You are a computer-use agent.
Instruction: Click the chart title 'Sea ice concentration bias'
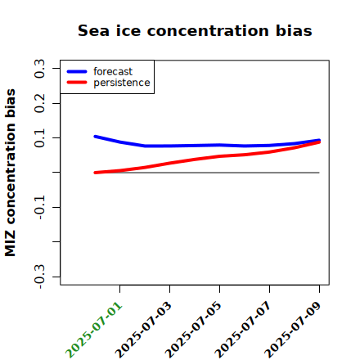[195, 30]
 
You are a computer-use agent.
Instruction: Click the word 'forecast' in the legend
[113, 71]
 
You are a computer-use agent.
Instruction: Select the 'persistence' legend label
[122, 83]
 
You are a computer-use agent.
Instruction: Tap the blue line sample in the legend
[77, 71]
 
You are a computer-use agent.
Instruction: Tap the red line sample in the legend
[77, 83]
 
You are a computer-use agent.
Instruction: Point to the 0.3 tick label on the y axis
[39, 69]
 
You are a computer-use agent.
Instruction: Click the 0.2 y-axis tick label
[39, 103]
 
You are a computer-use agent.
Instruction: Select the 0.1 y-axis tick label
[39, 138]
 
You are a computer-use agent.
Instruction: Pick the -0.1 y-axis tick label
[39, 208]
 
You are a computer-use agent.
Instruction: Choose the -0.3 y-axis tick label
[39, 277]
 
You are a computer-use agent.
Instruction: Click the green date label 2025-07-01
[94, 330]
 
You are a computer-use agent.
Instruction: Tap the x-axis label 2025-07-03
[143, 330]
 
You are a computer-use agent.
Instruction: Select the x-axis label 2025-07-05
[193, 330]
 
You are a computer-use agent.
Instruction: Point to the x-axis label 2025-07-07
[243, 330]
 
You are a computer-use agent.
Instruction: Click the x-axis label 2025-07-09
[292, 330]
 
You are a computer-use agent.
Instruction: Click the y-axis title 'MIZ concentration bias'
[10, 173]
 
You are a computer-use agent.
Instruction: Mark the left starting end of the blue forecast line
[95, 137]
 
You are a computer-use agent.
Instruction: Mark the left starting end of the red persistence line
[95, 173]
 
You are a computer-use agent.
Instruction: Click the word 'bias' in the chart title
[294, 30]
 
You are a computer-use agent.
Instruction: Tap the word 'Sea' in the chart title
[93, 30]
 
